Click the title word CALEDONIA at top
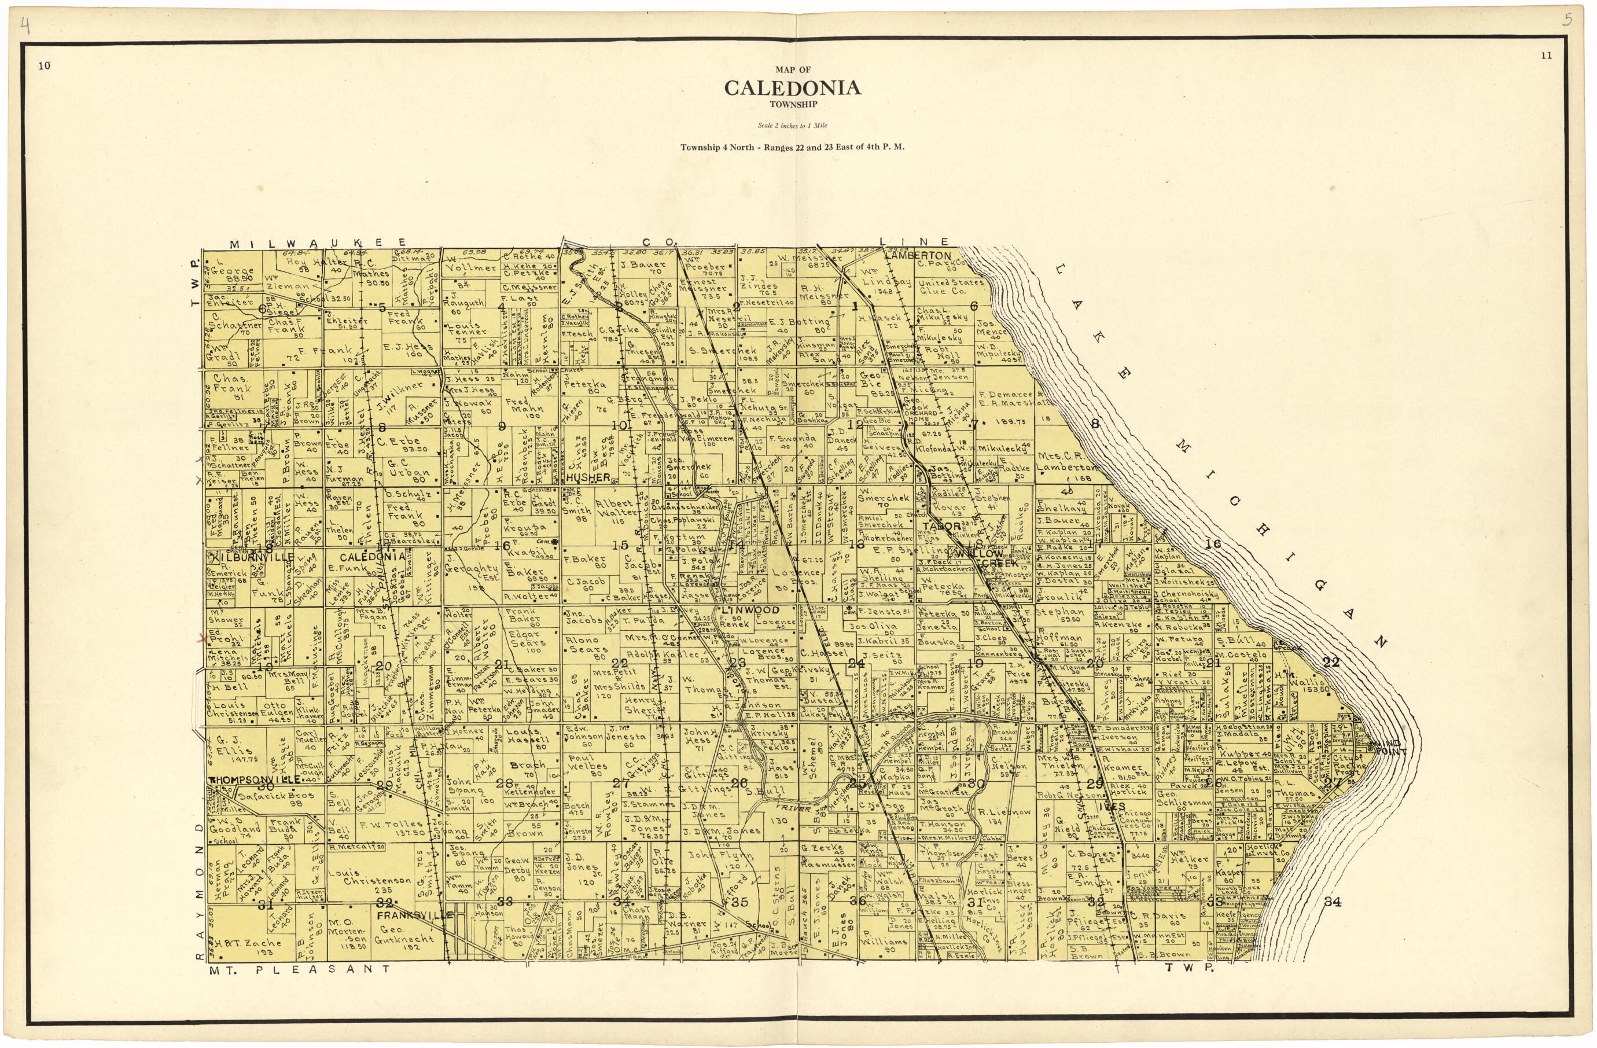pos(793,88)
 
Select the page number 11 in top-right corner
pos(1546,56)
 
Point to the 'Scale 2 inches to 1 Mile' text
pos(793,126)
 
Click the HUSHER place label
pos(588,477)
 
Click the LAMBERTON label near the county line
pos(917,256)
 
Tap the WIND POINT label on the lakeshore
pos(1383,746)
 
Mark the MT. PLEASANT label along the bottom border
pos(299,969)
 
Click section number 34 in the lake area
pos(1332,902)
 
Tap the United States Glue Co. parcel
pos(950,286)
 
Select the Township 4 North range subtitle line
pos(793,147)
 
